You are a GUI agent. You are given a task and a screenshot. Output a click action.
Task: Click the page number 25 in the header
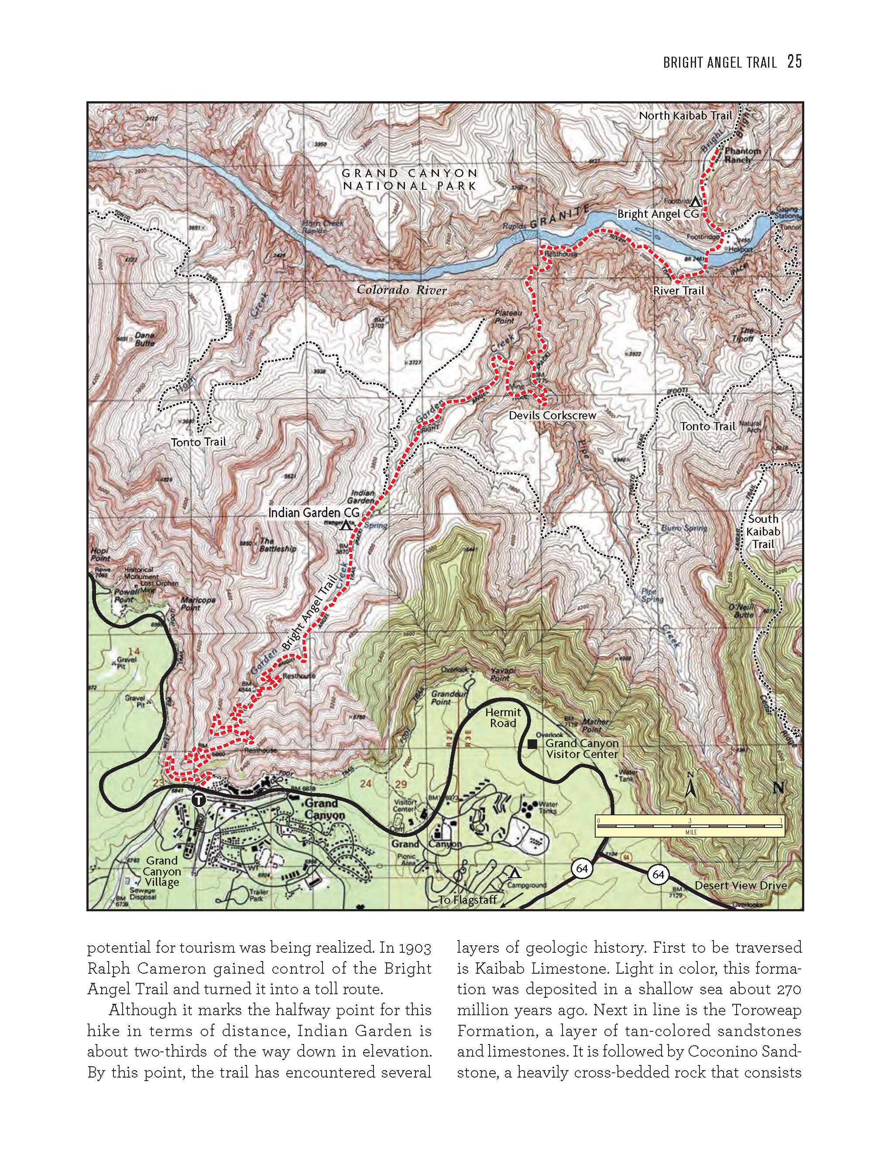coord(794,62)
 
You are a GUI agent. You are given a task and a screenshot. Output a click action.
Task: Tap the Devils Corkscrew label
coord(552,416)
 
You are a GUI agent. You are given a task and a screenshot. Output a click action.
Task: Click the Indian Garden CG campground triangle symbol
coord(346,525)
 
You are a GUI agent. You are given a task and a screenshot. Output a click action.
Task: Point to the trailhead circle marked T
coord(199,800)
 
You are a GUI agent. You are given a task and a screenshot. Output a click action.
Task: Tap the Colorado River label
coord(401,289)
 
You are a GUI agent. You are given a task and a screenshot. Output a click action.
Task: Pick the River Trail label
coord(679,291)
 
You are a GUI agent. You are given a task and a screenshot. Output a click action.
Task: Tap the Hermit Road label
coord(502,718)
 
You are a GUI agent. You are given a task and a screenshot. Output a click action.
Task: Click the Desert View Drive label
coord(740,886)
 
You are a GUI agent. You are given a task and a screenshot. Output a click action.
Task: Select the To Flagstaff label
coord(467,900)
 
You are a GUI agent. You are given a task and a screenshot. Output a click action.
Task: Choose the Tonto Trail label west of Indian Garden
coord(198,442)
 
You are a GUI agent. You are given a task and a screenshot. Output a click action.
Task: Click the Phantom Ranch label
coord(742,155)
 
